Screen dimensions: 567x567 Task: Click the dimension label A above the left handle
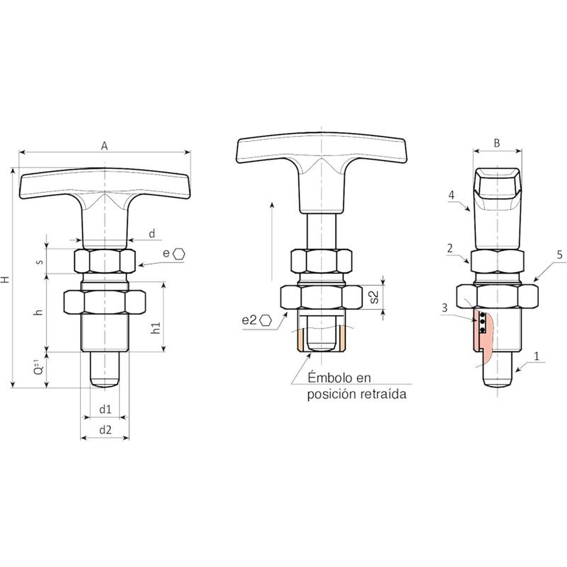(x=104, y=146)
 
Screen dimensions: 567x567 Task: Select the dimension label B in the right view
(x=497, y=143)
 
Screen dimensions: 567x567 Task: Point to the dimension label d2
(x=105, y=430)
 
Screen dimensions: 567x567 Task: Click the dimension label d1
(x=105, y=409)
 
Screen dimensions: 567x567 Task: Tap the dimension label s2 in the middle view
(x=374, y=297)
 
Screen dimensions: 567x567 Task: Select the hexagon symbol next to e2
(x=265, y=320)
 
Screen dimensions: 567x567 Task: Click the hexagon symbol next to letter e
(x=179, y=254)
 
